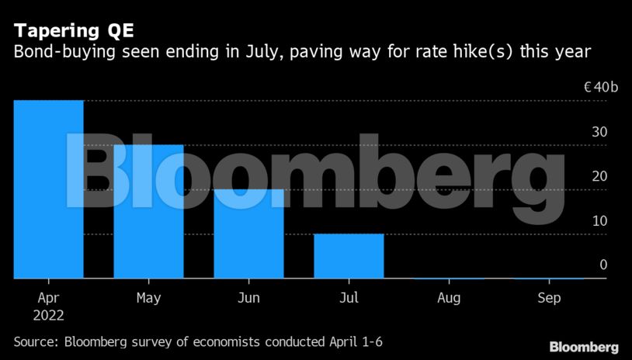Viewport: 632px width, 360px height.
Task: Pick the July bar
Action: [x=349, y=255]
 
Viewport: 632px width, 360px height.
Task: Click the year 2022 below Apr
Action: [x=48, y=316]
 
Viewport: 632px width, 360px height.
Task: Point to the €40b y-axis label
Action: [x=601, y=88]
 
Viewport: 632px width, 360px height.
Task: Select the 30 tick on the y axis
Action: [x=599, y=132]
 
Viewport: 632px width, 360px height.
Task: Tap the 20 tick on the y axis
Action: [x=599, y=176]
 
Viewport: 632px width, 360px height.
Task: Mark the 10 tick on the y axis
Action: [x=599, y=220]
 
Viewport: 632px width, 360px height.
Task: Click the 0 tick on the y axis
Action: [x=602, y=265]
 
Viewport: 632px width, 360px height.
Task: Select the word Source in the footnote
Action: [x=36, y=341]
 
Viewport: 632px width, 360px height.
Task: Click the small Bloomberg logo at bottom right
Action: [x=584, y=347]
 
